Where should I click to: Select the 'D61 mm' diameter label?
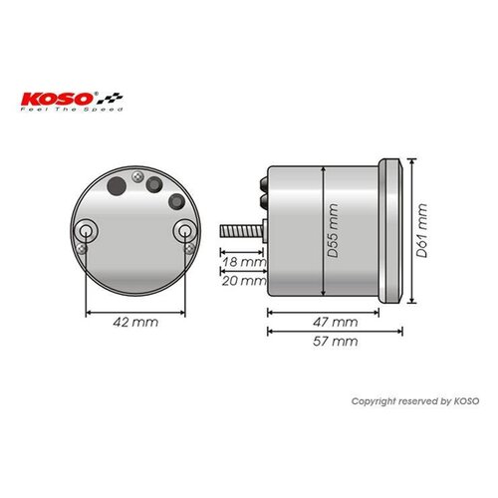pos(423,231)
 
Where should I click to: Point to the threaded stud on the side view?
pos(240,230)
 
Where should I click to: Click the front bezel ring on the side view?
pos(397,229)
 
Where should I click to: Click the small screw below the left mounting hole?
pos(87,249)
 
